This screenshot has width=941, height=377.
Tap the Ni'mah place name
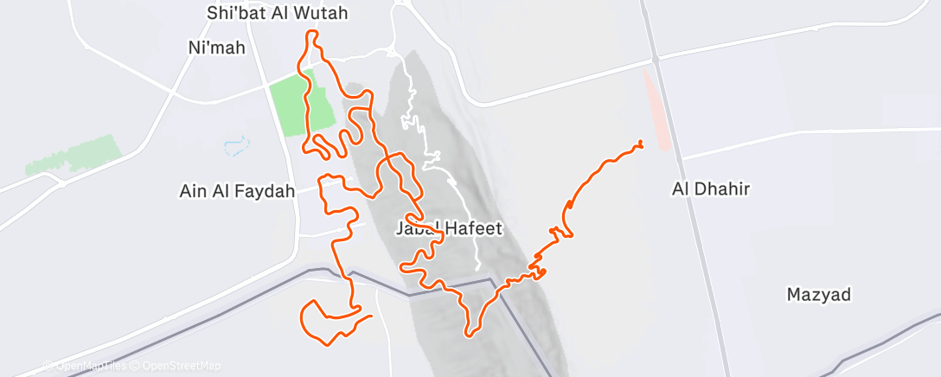[216, 48]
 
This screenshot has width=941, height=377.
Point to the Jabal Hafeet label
[448, 228]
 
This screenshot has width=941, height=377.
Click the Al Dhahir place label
[710, 188]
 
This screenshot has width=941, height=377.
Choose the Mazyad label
[818, 295]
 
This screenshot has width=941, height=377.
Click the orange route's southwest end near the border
[371, 316]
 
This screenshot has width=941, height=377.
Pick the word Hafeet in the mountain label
[472, 228]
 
